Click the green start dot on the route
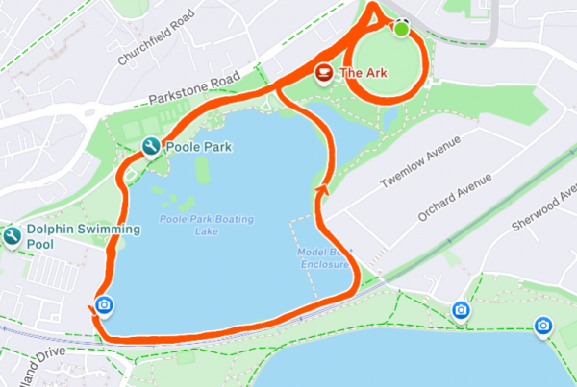401,30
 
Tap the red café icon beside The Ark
324,72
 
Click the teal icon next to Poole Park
150,147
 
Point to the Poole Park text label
199,147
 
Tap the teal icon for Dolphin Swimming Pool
12,236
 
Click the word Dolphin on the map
50,230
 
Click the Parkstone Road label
193,90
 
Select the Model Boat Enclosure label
325,256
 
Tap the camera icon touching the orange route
104,307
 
